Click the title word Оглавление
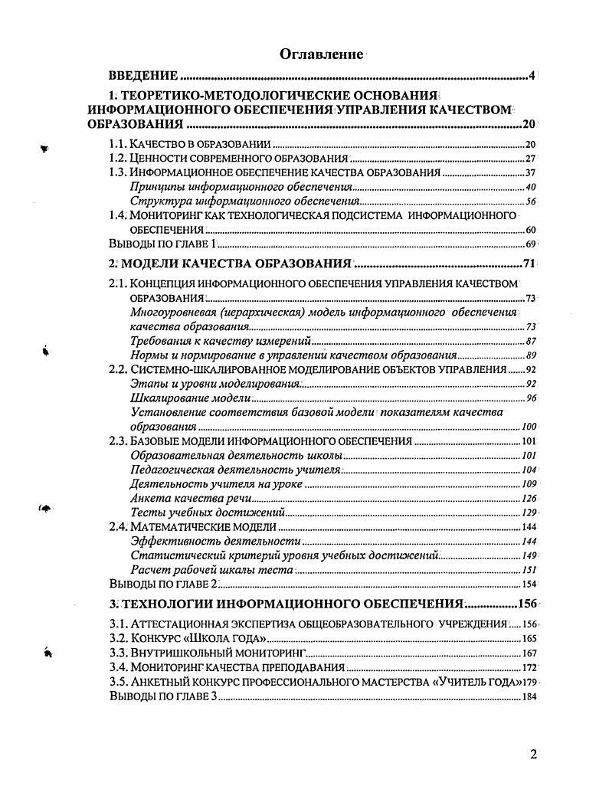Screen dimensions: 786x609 coord(321,54)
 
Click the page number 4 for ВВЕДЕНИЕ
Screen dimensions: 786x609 coord(531,76)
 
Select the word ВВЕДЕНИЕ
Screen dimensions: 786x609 coord(143,76)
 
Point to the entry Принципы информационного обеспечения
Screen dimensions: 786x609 coord(241,187)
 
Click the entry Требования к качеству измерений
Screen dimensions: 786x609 coord(221,341)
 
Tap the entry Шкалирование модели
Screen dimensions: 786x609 coord(190,398)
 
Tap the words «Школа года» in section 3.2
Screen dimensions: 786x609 coord(231,638)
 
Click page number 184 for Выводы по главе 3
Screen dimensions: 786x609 coord(529,696)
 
